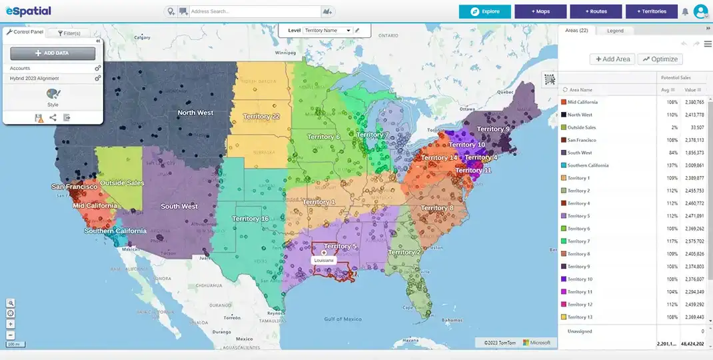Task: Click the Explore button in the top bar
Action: click(484, 11)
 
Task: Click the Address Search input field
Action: click(254, 11)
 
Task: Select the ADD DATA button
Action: click(53, 53)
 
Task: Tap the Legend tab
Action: click(615, 31)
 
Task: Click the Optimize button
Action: click(660, 59)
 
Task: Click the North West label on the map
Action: click(195, 113)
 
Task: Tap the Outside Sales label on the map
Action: click(122, 183)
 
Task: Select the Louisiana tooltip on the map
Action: click(324, 260)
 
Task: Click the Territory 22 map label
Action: click(261, 117)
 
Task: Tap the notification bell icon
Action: click(685, 11)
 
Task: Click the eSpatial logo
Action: click(29, 11)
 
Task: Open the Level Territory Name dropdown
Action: click(327, 30)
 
